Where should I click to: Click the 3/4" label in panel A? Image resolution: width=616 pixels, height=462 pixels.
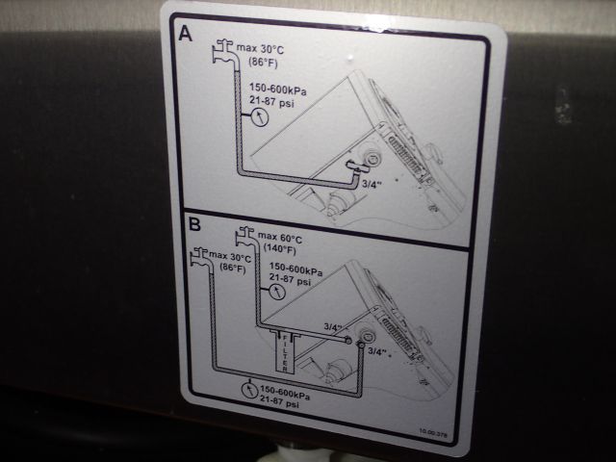tap(372, 179)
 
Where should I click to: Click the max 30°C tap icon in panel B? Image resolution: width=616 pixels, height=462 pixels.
tap(201, 256)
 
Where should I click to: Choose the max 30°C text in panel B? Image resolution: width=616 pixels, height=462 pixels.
tap(231, 258)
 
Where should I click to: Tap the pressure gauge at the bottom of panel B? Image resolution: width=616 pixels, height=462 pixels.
tap(249, 391)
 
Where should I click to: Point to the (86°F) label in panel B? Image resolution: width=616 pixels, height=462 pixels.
tap(231, 269)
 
